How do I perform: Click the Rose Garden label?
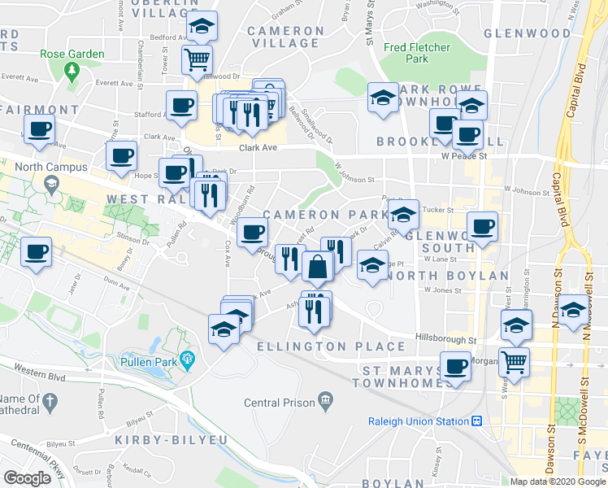(72, 54)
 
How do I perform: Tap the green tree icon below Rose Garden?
(72, 71)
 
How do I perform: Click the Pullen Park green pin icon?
(188, 359)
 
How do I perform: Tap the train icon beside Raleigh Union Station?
(476, 421)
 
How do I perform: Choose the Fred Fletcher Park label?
(417, 53)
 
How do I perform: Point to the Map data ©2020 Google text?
(558, 481)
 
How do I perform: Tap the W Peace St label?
(463, 155)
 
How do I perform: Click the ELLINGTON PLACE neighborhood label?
(331, 346)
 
